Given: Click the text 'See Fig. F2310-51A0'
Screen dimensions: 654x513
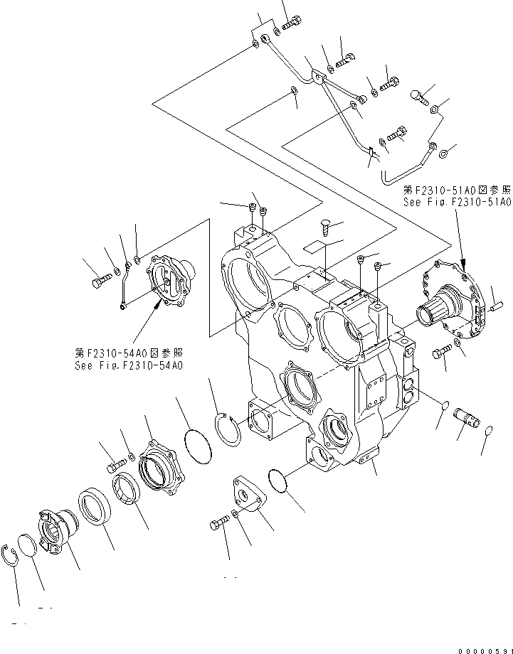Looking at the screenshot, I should (x=457, y=202).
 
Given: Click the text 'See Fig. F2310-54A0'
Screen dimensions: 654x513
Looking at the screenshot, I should (x=129, y=365).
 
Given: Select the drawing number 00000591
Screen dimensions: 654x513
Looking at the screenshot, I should (x=480, y=645).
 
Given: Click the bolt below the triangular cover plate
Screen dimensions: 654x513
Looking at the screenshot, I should (x=218, y=525).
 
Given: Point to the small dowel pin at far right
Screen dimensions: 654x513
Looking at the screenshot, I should (x=495, y=307).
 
